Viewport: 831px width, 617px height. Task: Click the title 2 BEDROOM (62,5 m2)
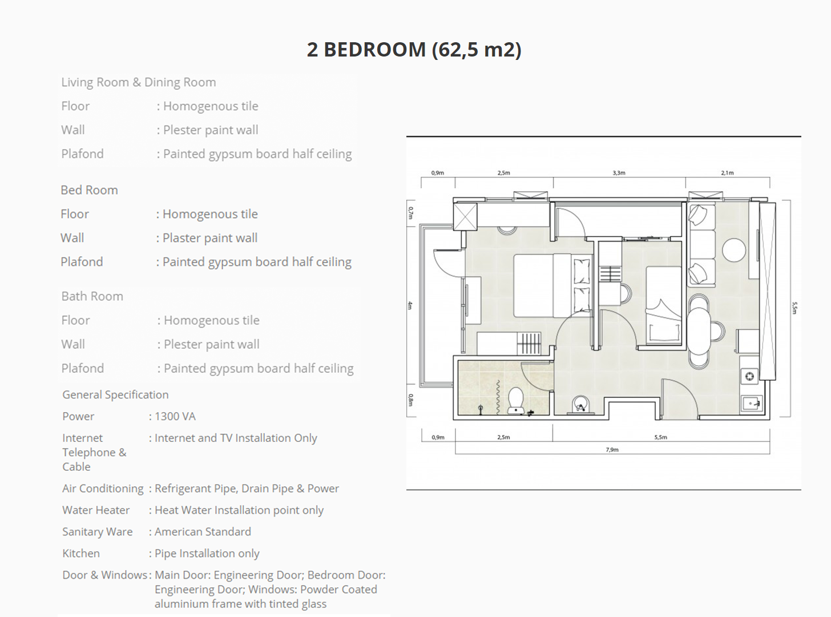[414, 50]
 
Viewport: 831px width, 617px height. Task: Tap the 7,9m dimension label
[612, 449]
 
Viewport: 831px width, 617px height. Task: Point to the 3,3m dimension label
[619, 173]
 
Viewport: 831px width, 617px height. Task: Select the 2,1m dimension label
[727, 173]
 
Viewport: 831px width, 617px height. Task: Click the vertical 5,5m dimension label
[794, 308]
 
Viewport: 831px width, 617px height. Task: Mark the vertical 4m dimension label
[410, 305]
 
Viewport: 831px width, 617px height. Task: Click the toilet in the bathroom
[516, 400]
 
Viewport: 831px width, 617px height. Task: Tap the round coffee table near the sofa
[734, 250]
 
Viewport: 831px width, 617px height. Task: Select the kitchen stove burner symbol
[749, 376]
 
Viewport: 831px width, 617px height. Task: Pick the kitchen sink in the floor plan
[752, 404]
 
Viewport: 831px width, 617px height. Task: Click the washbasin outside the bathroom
[581, 405]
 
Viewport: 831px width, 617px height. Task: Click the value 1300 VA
[175, 416]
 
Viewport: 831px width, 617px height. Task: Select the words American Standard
[203, 531]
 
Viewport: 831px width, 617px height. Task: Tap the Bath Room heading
[92, 296]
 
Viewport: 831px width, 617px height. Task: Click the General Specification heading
[115, 395]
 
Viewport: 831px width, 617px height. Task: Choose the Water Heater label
[96, 510]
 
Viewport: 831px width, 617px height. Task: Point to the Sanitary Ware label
[98, 531]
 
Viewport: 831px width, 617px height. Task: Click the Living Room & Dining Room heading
[139, 82]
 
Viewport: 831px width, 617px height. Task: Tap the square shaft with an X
[465, 217]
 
